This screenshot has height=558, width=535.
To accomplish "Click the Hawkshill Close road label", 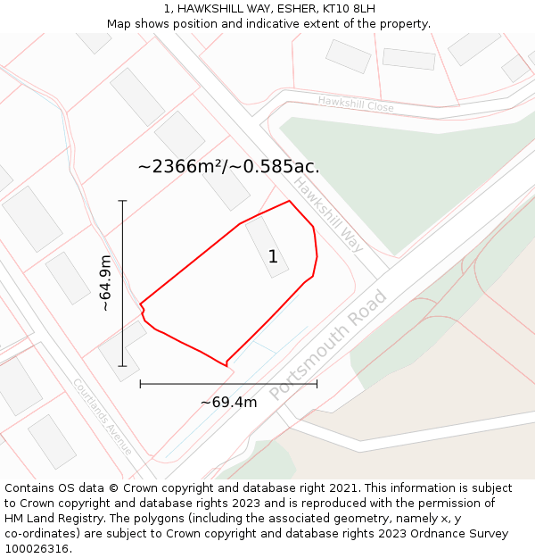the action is tap(356, 104).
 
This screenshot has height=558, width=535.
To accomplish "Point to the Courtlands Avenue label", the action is tap(103, 417).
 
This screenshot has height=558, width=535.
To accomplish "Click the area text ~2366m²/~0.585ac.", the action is tap(228, 166).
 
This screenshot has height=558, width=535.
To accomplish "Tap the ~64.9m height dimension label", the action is tap(105, 283).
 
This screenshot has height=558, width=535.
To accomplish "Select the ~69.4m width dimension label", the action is tap(228, 403).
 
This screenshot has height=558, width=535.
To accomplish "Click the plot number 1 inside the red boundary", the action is tap(273, 257).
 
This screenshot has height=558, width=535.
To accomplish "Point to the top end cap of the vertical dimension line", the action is tap(122, 201).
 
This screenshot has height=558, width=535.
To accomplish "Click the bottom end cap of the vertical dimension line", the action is tap(122, 366).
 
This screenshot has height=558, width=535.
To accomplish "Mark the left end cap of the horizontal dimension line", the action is tap(140, 384).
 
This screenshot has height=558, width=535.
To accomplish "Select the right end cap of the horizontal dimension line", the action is tap(317, 384).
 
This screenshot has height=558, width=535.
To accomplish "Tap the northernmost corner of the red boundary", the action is tap(289, 201).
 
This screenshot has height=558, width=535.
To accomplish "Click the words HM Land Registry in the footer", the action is tap(53, 518).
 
